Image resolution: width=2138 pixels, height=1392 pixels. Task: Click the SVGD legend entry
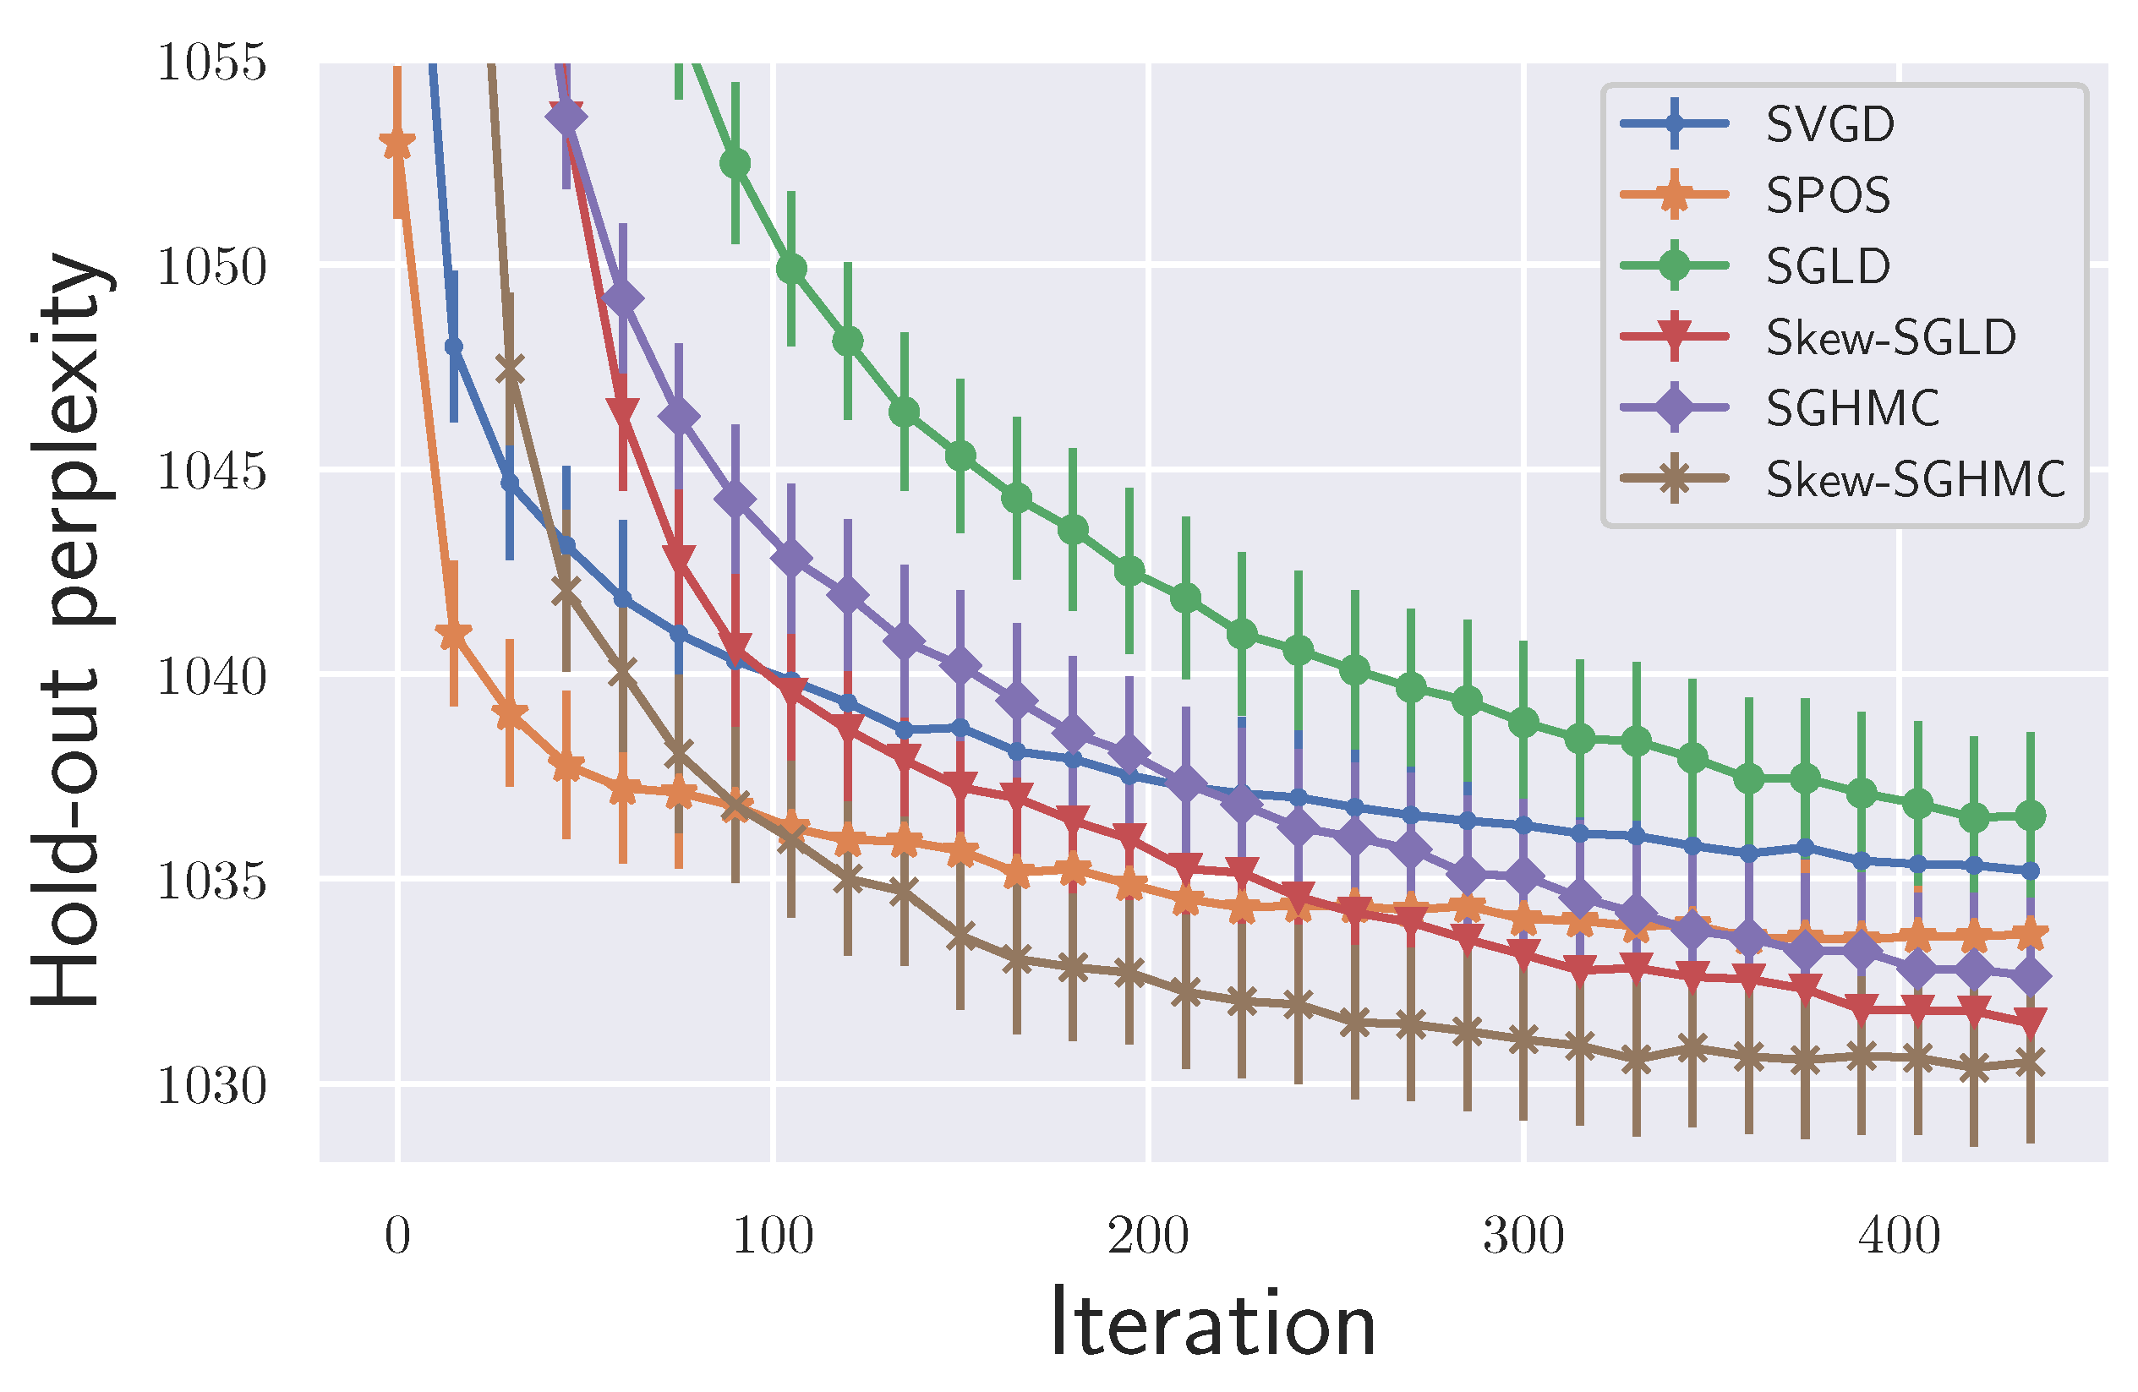[x=1828, y=123]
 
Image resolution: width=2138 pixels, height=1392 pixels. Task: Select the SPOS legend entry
[x=1826, y=194]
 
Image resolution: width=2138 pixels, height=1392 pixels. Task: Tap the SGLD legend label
[x=1828, y=266]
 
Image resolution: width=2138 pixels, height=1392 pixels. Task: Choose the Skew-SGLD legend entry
[x=1890, y=336]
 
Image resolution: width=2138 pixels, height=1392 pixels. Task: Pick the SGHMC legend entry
[x=1851, y=407]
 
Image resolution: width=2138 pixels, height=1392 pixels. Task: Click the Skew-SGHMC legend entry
[x=1914, y=478]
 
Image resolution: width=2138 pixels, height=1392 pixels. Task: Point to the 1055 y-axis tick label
[x=212, y=63]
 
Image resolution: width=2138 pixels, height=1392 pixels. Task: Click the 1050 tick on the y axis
[x=212, y=267]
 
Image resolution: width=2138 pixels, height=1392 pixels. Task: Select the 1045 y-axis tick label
[x=212, y=471]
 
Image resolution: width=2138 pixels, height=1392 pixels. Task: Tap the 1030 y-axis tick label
[x=212, y=1086]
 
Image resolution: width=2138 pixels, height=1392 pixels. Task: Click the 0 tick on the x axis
[x=397, y=1236]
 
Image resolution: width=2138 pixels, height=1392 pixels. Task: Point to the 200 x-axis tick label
[x=1148, y=1236]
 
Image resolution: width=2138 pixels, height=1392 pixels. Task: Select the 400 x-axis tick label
[x=1899, y=1236]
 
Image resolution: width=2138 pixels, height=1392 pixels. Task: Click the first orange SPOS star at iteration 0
[x=397, y=144]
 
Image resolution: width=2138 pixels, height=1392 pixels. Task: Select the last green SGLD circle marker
[x=2030, y=816]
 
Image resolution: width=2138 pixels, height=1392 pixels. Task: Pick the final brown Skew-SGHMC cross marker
[x=2030, y=1064]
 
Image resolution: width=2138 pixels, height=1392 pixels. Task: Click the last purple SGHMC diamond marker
[x=2030, y=976]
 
